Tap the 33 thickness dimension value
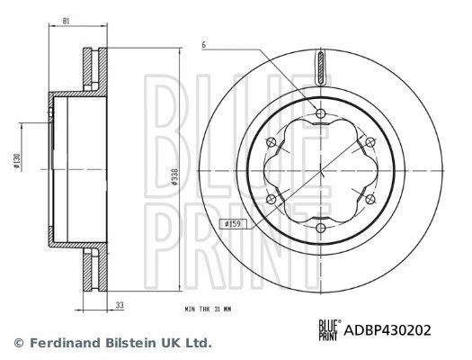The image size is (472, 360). (120, 305)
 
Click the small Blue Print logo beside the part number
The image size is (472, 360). (330, 330)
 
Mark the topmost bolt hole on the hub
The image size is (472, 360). (321, 112)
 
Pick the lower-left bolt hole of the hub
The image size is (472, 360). (270, 201)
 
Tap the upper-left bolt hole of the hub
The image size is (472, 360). (270, 141)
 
